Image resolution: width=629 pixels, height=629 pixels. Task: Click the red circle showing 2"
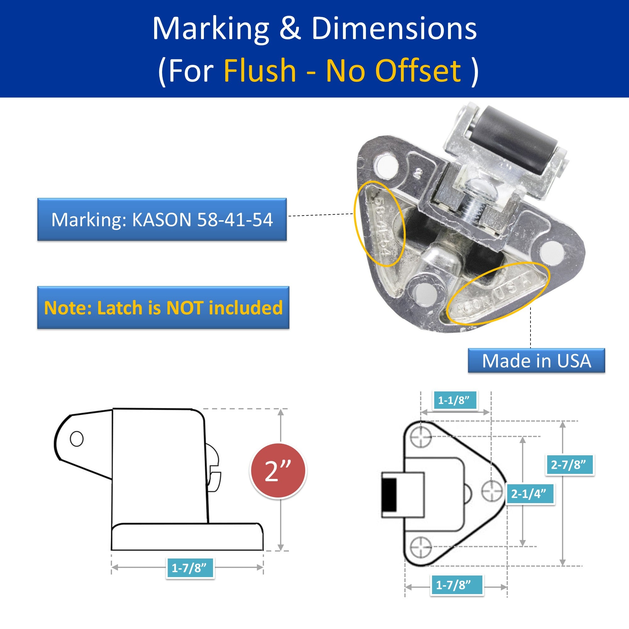pyautogui.click(x=278, y=471)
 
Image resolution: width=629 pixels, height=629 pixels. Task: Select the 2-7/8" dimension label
pyautogui.click(x=570, y=464)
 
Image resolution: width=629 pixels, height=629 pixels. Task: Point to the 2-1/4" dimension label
pyautogui.click(x=530, y=494)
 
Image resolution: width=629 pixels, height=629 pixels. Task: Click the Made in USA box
pyautogui.click(x=536, y=361)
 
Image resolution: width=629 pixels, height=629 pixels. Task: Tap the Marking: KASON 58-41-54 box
pyautogui.click(x=162, y=219)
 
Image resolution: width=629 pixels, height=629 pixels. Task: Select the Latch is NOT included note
pyautogui.click(x=163, y=308)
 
